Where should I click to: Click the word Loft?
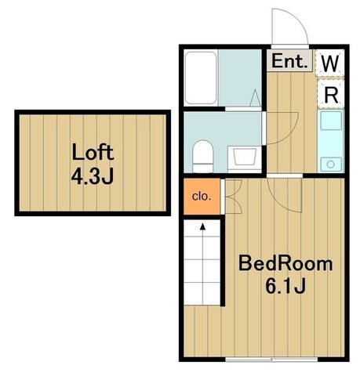93,151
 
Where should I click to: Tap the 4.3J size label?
93,176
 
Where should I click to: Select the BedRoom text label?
285,264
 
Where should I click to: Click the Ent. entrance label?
289,61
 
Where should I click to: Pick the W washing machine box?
329,63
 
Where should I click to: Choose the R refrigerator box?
331,94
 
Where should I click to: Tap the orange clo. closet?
202,197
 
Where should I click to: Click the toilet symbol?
202,157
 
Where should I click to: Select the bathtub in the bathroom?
201,78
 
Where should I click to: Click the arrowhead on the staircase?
202,226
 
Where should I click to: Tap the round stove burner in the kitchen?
331,164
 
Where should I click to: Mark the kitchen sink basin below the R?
331,121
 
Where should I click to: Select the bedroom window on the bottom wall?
271,360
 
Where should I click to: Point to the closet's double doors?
233,197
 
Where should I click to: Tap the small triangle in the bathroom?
255,98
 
